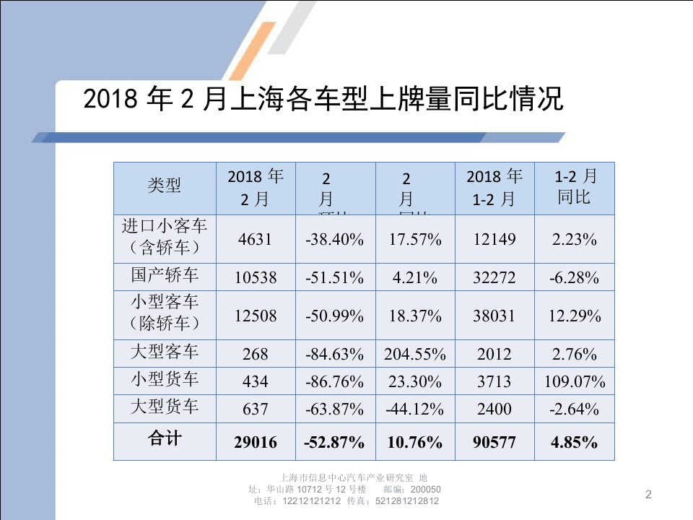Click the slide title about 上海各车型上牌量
coord(323,99)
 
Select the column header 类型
coord(165,186)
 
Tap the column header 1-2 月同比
coord(575,187)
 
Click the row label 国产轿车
coord(165,275)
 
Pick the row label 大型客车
coord(165,352)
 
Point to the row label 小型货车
coord(165,380)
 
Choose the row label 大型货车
coord(165,407)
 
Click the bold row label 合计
coord(165,440)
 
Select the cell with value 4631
coord(256,239)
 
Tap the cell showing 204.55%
coord(415,355)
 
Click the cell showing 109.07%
coord(575,381)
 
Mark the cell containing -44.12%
coord(415,409)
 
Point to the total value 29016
coord(256,442)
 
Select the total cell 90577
coord(494,442)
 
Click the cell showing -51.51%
coord(335,277)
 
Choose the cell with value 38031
coord(494,316)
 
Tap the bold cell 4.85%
coord(575,442)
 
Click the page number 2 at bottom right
coord(648,495)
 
